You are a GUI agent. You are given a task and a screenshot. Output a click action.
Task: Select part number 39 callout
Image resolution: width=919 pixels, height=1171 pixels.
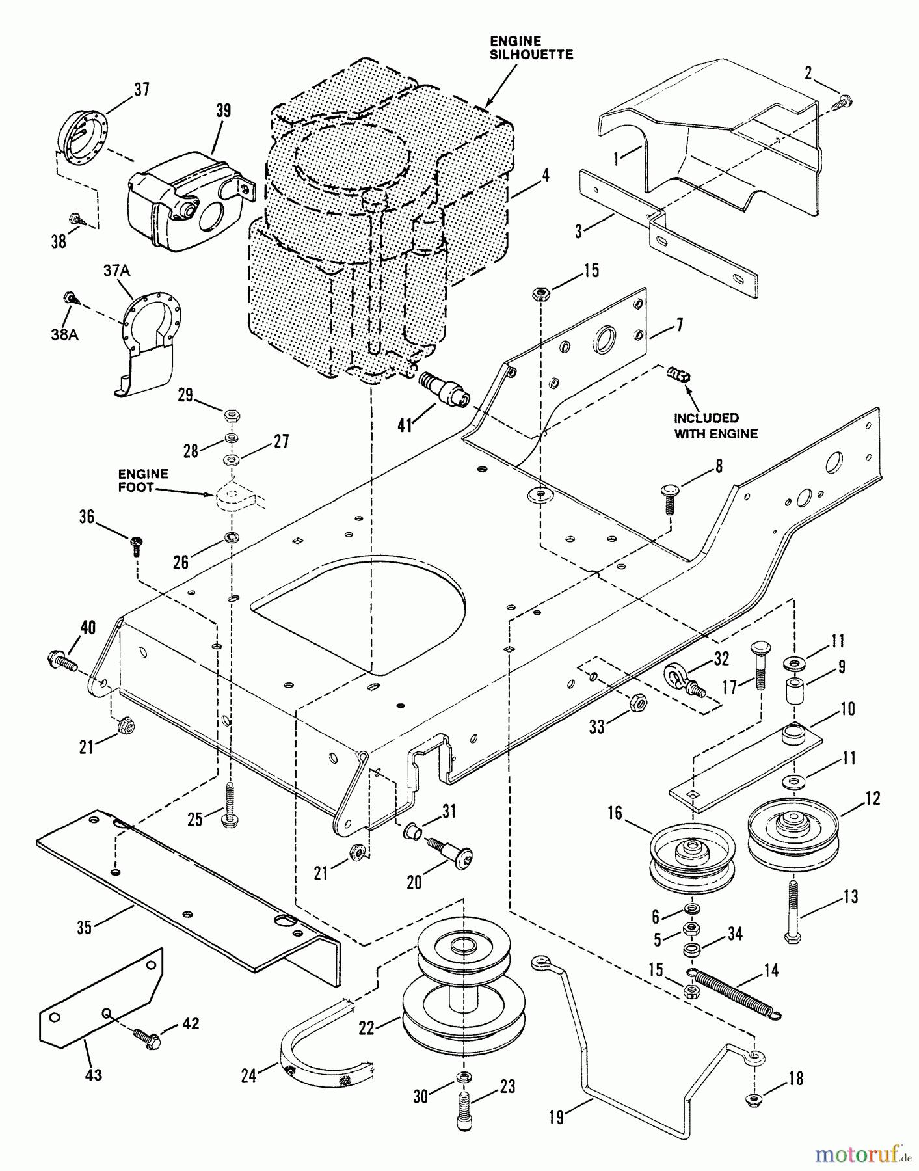coord(223,111)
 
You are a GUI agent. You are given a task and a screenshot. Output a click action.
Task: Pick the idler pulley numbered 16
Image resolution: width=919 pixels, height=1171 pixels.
coord(692,859)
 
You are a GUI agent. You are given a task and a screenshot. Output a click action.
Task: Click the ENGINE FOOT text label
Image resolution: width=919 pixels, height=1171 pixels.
coord(143,480)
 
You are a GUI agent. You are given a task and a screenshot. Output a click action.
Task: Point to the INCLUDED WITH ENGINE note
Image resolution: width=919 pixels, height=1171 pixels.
coord(715,425)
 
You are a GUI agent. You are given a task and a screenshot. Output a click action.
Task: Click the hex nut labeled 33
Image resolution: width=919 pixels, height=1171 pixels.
coord(638,702)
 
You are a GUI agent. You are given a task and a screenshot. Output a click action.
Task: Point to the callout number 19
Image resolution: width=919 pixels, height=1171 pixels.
coord(557,1118)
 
